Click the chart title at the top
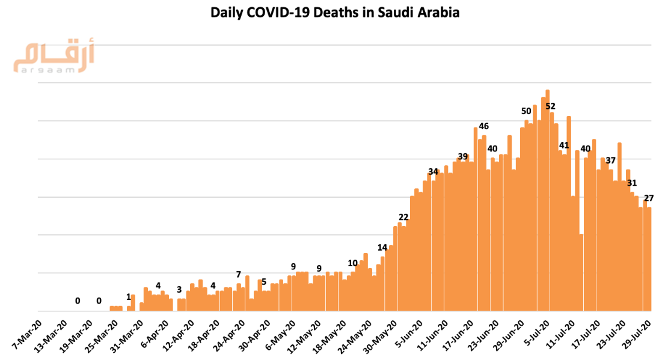[334, 13]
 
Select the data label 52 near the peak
[550, 106]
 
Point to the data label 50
[526, 111]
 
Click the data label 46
[483, 126]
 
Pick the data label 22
[403, 217]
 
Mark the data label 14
[382, 247]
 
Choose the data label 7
[239, 274]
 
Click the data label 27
[649, 198]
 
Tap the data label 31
[632, 183]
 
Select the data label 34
[433, 171]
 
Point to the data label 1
[128, 296]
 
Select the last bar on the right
[649, 258]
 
